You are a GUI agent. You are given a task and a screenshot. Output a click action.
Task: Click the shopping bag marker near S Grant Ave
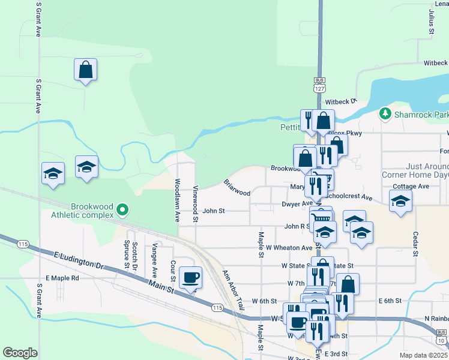(86, 70)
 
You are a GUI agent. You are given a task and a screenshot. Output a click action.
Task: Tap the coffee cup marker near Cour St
(191, 278)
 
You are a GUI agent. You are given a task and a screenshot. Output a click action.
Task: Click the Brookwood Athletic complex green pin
(123, 209)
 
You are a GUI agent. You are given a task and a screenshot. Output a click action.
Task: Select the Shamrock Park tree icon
(385, 113)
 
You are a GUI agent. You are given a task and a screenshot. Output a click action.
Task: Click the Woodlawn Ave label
(178, 200)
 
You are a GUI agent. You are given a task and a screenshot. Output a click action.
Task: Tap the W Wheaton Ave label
(289, 248)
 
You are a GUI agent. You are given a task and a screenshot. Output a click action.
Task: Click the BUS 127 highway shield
(319, 84)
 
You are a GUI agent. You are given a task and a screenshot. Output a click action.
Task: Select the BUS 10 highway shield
(441, 337)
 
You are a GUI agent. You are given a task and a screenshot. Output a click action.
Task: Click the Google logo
(20, 353)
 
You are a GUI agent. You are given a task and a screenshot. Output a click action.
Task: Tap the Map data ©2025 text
(423, 355)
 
